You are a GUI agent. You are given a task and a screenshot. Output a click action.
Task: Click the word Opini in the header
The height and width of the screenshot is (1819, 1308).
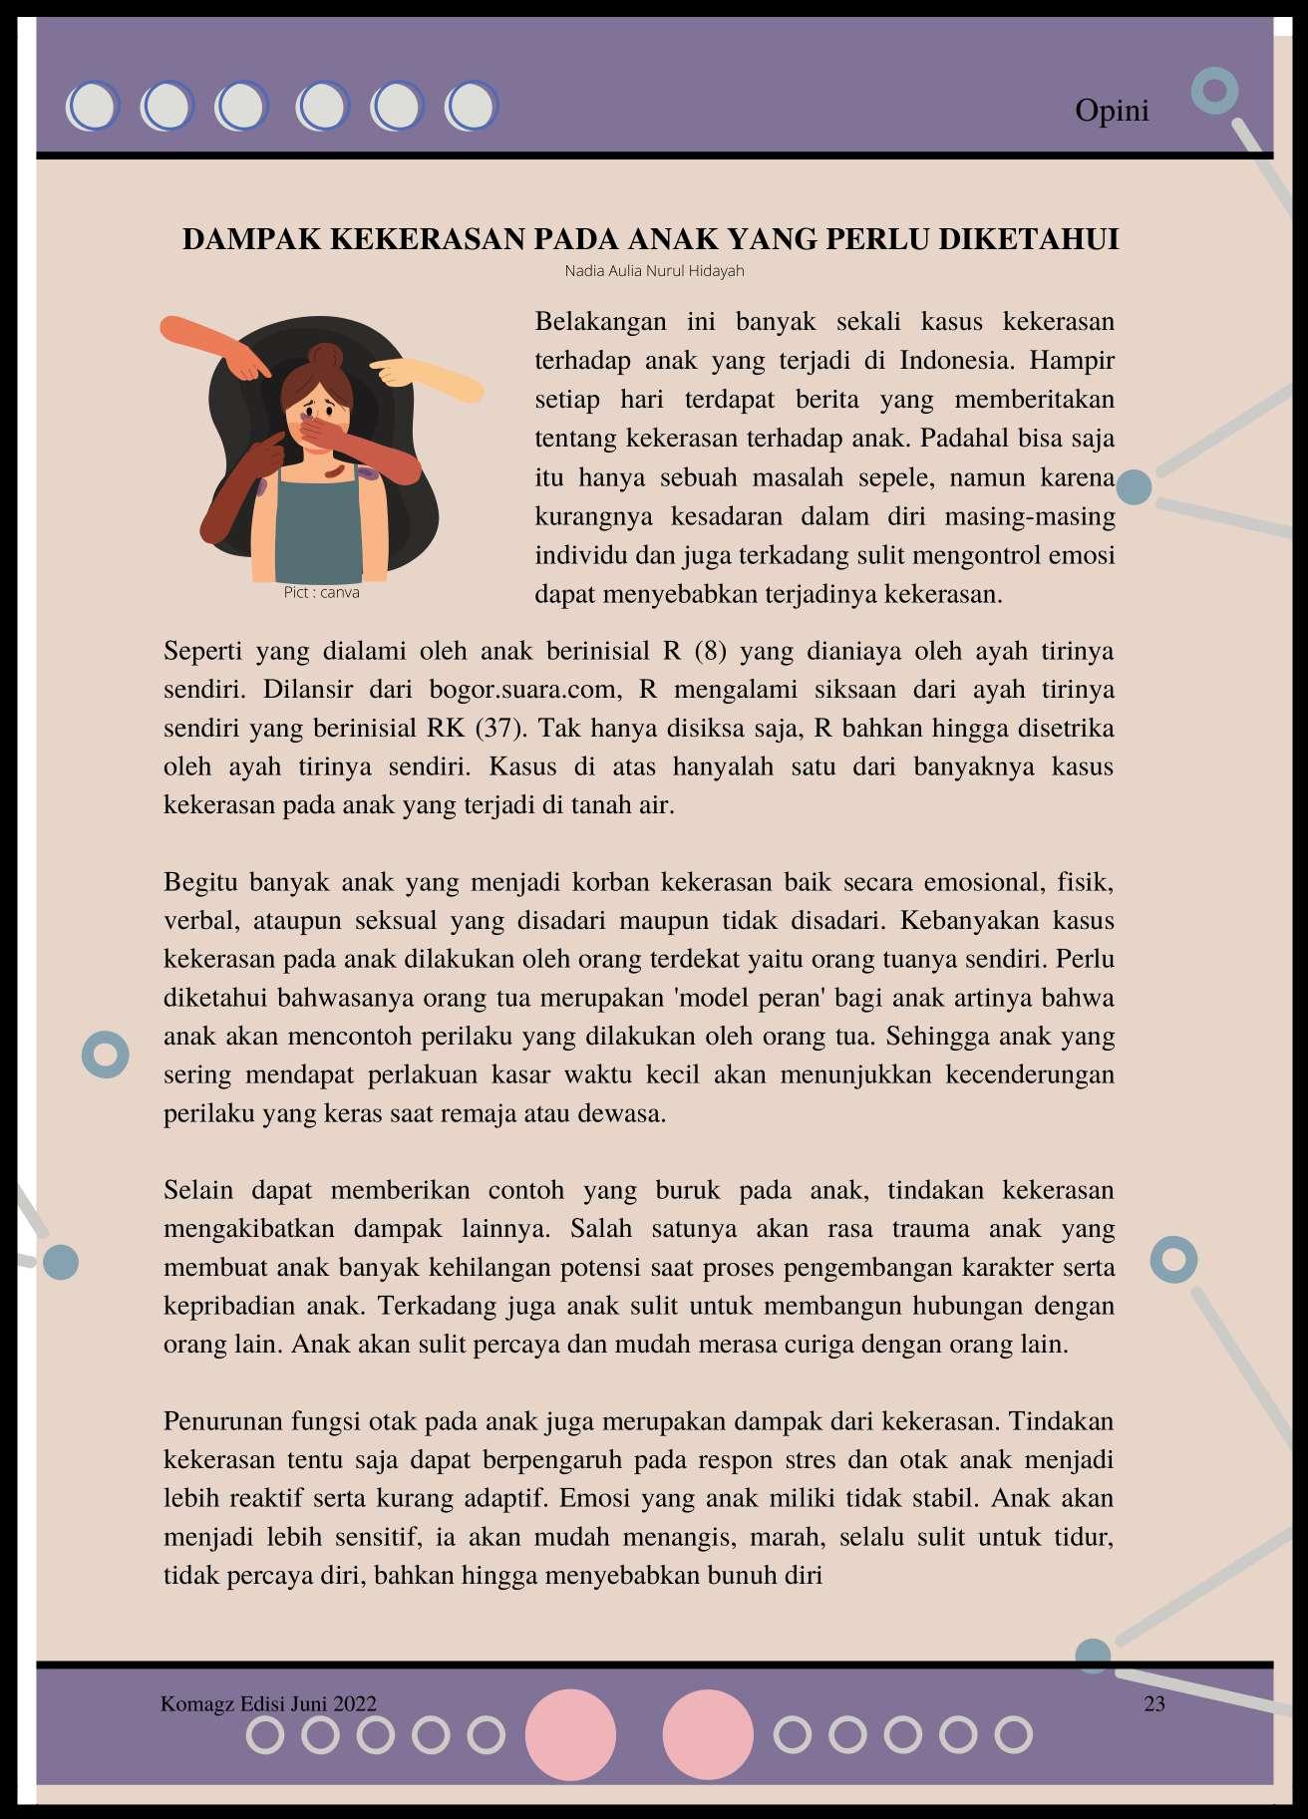click(1112, 111)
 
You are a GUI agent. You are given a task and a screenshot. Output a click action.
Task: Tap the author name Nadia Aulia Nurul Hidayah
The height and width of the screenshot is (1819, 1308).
click(654, 271)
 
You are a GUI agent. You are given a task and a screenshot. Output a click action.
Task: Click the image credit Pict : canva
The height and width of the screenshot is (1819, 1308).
click(321, 593)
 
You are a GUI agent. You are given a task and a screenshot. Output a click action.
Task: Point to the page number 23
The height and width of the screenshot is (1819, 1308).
click(1154, 1703)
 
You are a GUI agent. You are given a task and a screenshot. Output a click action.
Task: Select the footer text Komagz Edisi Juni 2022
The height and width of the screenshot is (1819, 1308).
click(268, 1703)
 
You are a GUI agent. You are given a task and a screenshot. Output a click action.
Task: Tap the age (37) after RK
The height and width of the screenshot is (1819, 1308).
click(498, 729)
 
